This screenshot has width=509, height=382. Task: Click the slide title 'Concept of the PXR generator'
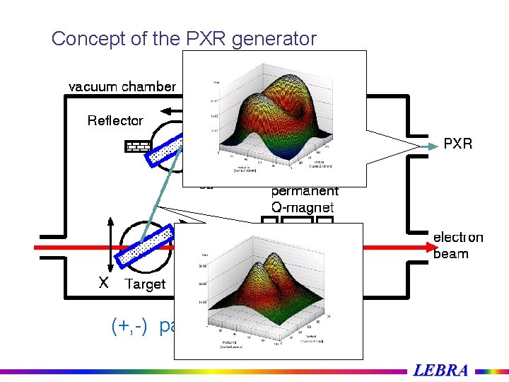pyautogui.click(x=184, y=39)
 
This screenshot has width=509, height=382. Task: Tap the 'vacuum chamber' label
pyautogui.click(x=122, y=87)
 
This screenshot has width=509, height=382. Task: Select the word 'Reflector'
pyautogui.click(x=115, y=121)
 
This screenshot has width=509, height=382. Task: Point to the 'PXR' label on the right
pyautogui.click(x=457, y=144)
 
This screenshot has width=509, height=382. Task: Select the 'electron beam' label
pyautogui.click(x=457, y=245)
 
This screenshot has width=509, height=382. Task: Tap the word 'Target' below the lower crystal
pyautogui.click(x=145, y=284)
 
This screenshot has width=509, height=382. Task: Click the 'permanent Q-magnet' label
pyautogui.click(x=305, y=199)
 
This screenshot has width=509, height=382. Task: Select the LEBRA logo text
pyautogui.click(x=440, y=370)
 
